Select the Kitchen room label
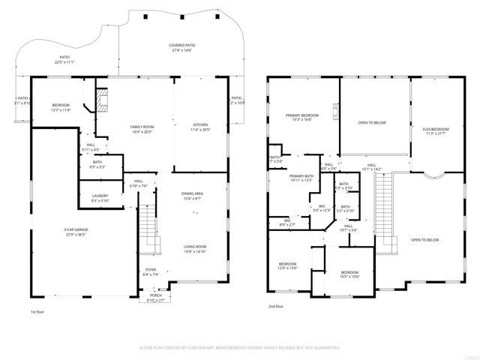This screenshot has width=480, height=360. (201, 127)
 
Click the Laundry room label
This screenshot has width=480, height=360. (100, 198)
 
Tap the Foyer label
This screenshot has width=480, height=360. (151, 272)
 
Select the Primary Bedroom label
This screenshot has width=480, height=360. (302, 118)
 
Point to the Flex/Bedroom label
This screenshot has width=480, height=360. (435, 130)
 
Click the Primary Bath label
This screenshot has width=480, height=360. (302, 178)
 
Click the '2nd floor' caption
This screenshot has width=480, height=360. (276, 306)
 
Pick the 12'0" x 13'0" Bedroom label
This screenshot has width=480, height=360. (288, 265)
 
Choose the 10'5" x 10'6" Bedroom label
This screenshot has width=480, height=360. (350, 274)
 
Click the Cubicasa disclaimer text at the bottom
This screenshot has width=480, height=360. (240, 348)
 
